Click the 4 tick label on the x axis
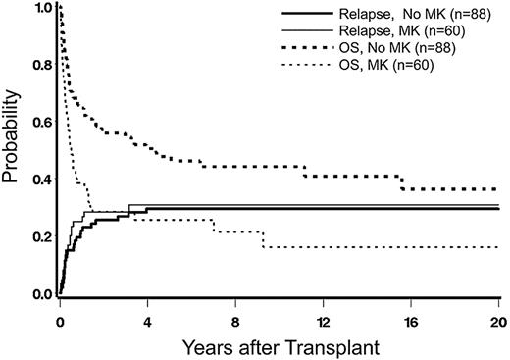(147, 319)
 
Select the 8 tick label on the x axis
(235, 319)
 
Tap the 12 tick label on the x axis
(323, 319)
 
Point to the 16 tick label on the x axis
(410, 319)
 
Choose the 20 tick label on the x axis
(497, 319)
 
